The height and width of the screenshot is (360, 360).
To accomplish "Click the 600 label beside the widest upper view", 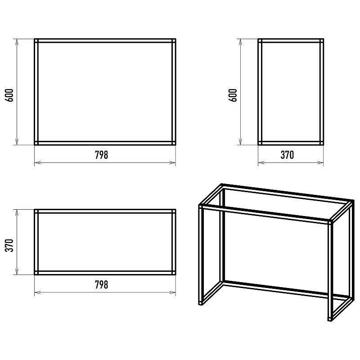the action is pos(9,95).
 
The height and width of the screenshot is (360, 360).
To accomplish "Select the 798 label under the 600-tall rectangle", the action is pos(102,155).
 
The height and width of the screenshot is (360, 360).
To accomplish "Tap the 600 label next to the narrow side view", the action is pos(233,95).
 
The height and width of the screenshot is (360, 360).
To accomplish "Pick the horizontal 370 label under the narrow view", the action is pos(287,155).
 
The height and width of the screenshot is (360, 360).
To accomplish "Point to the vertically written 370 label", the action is pos(9,245).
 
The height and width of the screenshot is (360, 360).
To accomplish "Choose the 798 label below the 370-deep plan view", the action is pos(102,285).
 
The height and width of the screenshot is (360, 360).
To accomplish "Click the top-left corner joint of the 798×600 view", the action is pos(36,41).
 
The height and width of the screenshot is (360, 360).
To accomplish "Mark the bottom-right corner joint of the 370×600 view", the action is pos(322,143).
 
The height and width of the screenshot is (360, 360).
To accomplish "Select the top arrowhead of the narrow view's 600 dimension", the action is pos(240,42).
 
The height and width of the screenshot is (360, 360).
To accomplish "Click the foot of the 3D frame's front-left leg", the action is pos(201,303).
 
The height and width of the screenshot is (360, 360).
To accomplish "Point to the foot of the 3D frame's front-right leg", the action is pos(330,319).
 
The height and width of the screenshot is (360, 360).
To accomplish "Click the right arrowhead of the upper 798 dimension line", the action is pos(173,163).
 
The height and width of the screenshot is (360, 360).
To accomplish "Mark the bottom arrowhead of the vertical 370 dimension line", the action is pos(17,272).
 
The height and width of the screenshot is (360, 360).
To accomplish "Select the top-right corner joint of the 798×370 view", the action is pos(174,211).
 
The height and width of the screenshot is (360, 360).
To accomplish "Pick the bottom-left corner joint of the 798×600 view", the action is pos(36,143).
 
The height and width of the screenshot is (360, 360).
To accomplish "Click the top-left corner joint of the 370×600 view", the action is pos(260,41).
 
